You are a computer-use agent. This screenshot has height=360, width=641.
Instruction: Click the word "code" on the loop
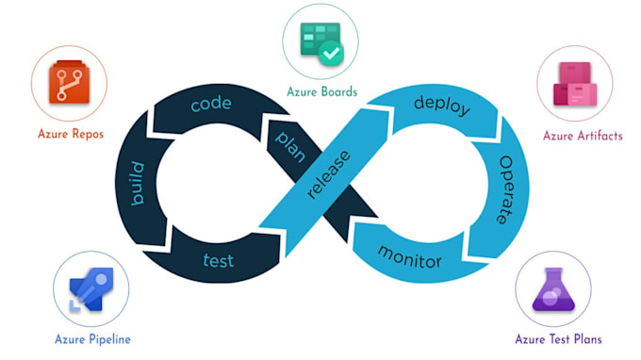[211, 104]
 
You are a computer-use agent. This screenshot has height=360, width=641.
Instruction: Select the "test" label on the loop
[219, 259]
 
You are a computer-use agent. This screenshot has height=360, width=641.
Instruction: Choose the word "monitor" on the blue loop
[410, 254]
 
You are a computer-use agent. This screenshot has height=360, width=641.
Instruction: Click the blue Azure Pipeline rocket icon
[90, 289]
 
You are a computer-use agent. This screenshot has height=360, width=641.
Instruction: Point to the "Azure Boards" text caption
[322, 91]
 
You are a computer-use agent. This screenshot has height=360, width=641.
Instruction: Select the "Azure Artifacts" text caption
[583, 136]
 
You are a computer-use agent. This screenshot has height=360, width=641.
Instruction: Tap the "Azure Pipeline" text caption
[91, 339]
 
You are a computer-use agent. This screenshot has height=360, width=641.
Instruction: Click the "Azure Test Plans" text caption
[558, 339]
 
